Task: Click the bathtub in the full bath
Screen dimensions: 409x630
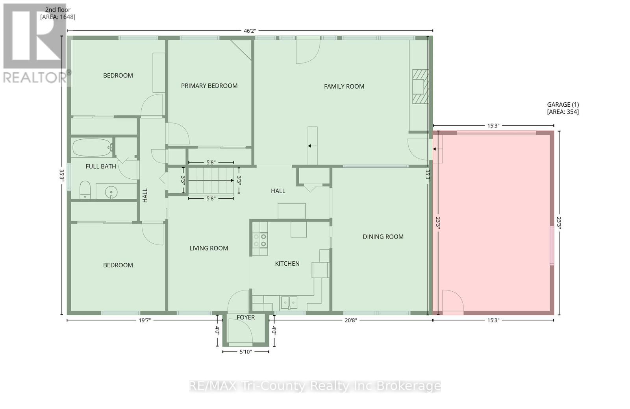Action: coord(92,148)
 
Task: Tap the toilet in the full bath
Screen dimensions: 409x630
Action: coord(85,191)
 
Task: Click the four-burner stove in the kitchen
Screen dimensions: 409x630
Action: coord(260,240)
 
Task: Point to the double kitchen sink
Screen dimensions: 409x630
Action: coord(289,303)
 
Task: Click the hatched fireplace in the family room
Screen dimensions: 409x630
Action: coord(420,87)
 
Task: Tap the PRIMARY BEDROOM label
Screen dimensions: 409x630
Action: coord(209,86)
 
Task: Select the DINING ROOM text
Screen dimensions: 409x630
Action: coord(383,237)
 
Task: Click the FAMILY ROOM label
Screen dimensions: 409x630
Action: coord(344,86)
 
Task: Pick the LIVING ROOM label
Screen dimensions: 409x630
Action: coord(209,248)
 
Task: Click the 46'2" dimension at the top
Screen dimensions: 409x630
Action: coord(250,31)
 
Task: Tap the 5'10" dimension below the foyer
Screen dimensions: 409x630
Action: coord(246,352)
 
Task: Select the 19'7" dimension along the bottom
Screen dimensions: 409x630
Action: coord(145,320)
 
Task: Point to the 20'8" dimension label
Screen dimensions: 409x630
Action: coord(350,320)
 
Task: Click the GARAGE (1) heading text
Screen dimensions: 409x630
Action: coord(563,105)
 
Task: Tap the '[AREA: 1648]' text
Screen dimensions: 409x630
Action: coord(57,17)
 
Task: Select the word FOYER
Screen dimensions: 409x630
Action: coord(245,317)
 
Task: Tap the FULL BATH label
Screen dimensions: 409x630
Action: coord(101,167)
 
